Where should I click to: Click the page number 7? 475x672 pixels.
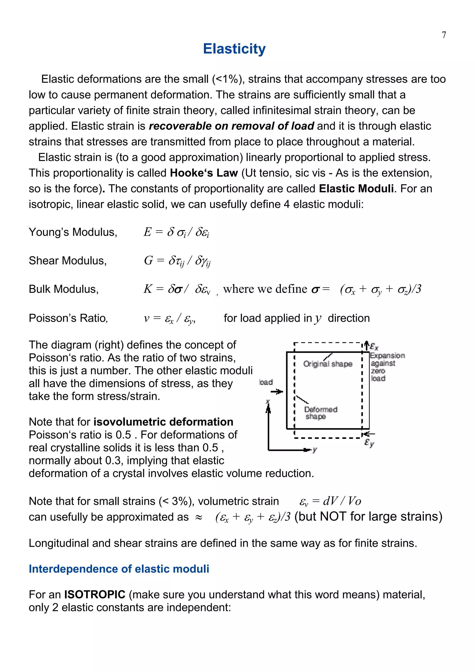(444, 35)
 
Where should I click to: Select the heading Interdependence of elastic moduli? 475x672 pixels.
(119, 569)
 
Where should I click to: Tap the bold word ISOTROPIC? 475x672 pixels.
(95, 595)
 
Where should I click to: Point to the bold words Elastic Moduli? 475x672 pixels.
(356, 189)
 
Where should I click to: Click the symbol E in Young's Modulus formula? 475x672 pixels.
(147, 232)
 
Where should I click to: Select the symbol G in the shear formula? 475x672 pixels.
(148, 260)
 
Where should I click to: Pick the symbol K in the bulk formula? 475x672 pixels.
(148, 289)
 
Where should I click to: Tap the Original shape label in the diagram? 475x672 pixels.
(327, 364)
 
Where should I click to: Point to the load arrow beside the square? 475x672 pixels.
(276, 391)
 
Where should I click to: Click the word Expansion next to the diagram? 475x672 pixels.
(387, 356)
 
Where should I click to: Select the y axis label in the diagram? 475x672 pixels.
(315, 450)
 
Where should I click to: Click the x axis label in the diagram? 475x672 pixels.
(267, 402)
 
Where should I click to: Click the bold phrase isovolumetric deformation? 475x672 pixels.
(163, 422)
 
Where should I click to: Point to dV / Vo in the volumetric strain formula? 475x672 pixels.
(342, 501)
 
